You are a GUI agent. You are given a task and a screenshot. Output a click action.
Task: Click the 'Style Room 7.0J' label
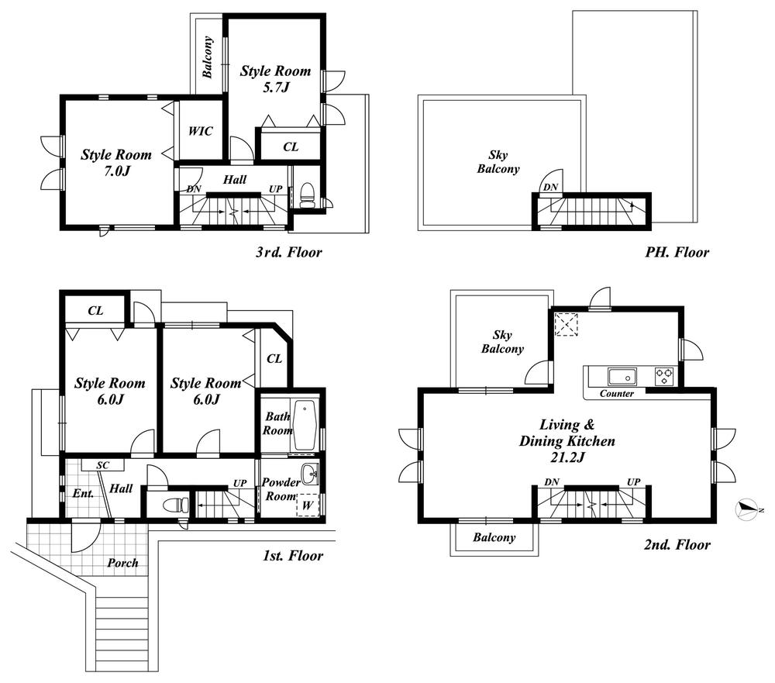tap(116, 163)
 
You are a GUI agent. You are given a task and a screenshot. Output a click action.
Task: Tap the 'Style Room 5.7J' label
tap(275, 79)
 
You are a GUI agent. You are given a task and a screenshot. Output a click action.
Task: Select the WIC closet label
tap(200, 131)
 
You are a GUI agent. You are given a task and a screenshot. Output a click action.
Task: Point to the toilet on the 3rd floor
tap(307, 195)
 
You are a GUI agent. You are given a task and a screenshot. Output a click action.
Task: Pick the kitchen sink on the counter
tap(622, 377)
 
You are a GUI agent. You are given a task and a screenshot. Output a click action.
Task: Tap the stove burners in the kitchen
tap(665, 377)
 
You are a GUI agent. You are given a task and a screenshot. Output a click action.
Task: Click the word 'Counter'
tap(617, 394)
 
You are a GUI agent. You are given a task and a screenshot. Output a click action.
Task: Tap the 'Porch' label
tap(122, 562)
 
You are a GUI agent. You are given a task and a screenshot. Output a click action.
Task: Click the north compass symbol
tap(746, 509)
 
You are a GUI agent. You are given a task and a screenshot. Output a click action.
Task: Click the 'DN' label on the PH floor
tap(549, 187)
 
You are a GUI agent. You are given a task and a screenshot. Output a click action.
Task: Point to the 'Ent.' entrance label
tap(82, 492)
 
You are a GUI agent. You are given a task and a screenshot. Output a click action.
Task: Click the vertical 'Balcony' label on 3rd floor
tap(208, 58)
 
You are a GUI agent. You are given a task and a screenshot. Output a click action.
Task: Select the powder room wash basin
tap(310, 472)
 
